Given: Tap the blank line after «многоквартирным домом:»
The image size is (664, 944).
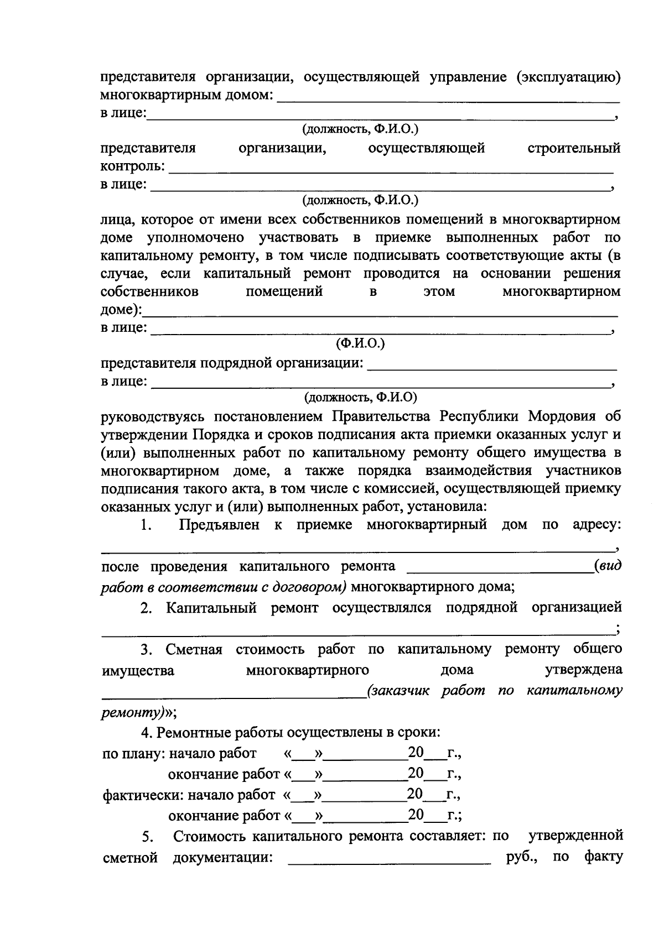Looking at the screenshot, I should click(x=447, y=98).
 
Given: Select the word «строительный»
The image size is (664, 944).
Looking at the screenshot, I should click(x=574, y=148).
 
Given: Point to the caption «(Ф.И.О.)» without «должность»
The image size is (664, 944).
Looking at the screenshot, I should click(x=360, y=343).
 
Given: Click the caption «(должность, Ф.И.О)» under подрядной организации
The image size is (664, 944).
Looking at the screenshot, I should click(x=360, y=397).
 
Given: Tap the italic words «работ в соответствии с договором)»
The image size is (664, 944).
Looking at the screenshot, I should click(x=224, y=587).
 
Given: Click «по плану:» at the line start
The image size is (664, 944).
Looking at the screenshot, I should click(x=133, y=754).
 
